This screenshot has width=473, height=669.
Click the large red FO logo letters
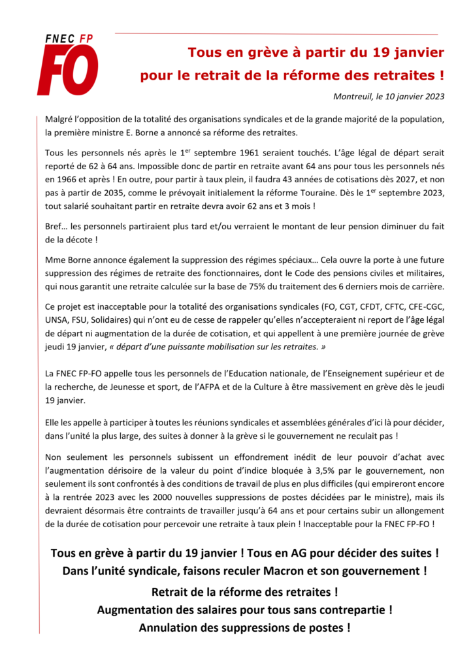(x=67, y=71)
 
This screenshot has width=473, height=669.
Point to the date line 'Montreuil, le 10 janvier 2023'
(x=389, y=97)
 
